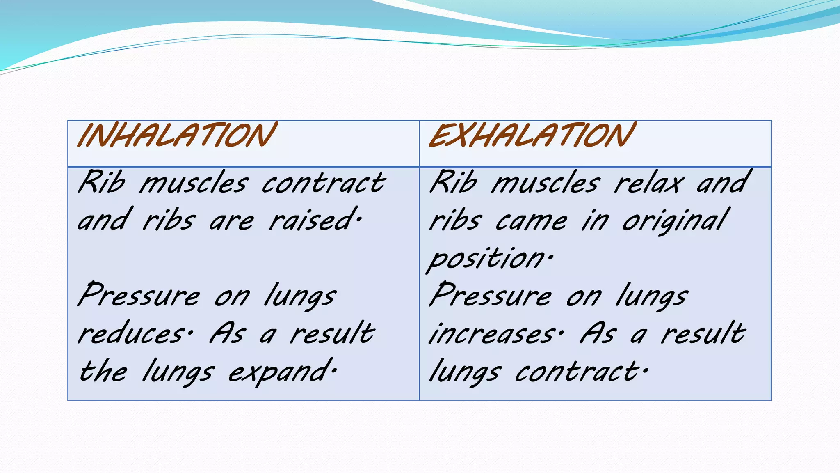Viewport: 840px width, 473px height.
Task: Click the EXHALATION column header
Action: [532, 135]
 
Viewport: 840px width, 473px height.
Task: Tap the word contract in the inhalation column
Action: [324, 183]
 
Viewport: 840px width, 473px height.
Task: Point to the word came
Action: [532, 222]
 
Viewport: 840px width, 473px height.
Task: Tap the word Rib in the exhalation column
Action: [454, 182]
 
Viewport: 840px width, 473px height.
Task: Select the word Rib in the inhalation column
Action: [102, 182]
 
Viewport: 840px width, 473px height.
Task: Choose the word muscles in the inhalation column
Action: [194, 183]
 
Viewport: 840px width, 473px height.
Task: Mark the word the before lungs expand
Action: [103, 372]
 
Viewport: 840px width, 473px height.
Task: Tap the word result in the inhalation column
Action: [332, 333]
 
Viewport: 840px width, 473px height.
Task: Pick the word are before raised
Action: [232, 222]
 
